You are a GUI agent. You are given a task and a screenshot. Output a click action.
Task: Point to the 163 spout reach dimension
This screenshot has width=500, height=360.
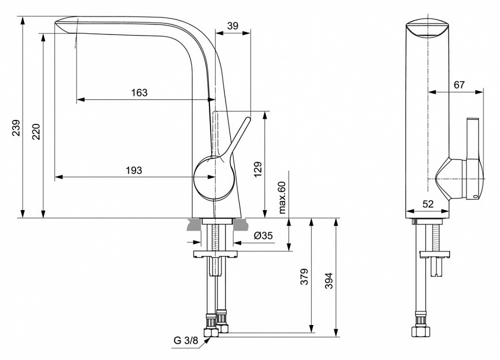coord(139,93)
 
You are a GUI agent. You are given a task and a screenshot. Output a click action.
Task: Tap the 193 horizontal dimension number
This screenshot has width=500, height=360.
coord(134,170)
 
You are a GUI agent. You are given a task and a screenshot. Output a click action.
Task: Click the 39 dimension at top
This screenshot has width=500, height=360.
coord(233,26)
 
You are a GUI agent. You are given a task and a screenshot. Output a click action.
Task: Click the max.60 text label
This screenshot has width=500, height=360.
coord(282,198)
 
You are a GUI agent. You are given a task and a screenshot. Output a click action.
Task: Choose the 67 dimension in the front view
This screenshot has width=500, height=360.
coord(459,85)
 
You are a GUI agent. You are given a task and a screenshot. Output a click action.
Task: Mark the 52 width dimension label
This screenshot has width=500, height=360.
coord(428,204)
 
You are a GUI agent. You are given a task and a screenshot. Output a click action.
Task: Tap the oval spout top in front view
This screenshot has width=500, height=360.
coord(427,28)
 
